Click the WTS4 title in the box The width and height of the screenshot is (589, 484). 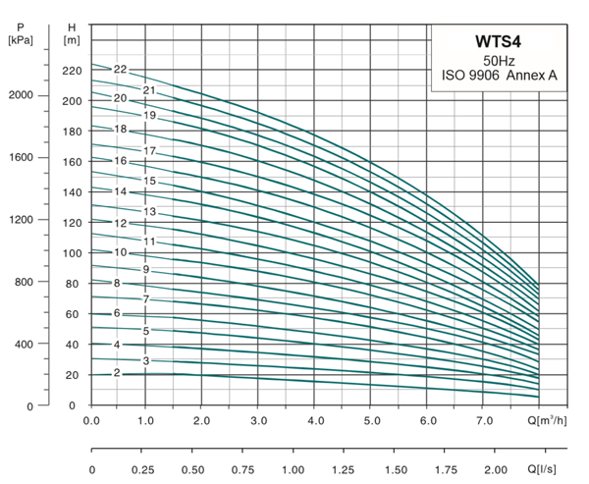pyautogui.click(x=499, y=44)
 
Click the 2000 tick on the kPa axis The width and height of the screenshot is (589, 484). pyautogui.click(x=21, y=95)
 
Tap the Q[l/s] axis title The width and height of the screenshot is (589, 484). pyautogui.click(x=555, y=468)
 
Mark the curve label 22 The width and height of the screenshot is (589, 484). pyautogui.click(x=120, y=70)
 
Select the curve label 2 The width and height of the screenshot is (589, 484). pyautogui.click(x=117, y=373)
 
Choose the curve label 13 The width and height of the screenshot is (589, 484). pyautogui.click(x=150, y=212)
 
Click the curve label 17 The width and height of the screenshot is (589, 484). pyautogui.click(x=150, y=151)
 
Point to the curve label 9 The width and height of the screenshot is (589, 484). pyautogui.click(x=145, y=269)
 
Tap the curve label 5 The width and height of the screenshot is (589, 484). pyautogui.click(x=145, y=331)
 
